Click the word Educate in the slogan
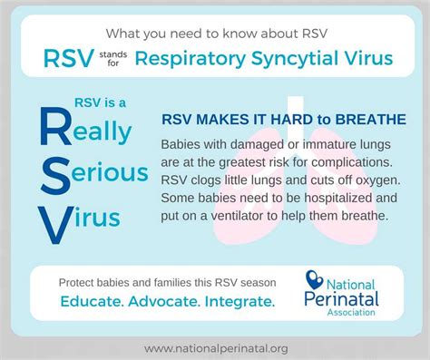pos(95,298)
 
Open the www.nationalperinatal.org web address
pos(215,346)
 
